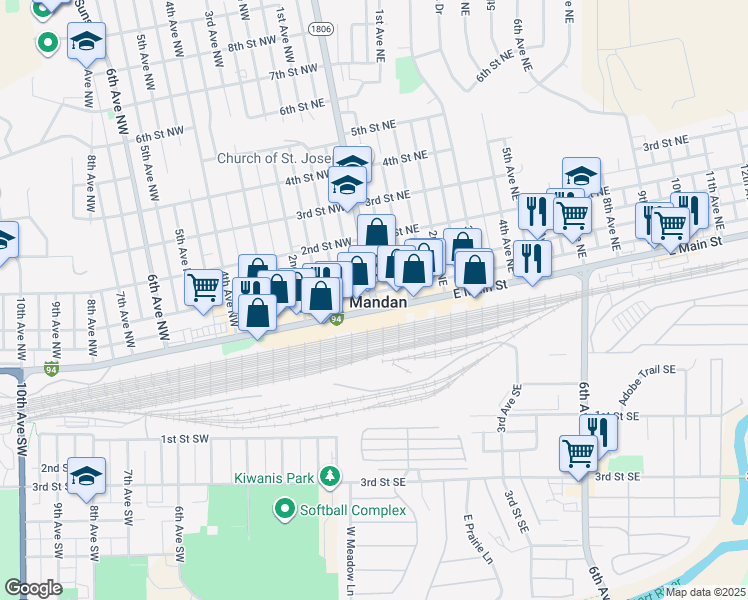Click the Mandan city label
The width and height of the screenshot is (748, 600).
(379, 302)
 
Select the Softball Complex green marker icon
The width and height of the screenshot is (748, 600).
(284, 511)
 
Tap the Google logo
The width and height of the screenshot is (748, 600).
(33, 588)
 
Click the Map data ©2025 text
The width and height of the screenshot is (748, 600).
(704, 592)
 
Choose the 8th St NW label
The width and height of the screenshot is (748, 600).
(251, 46)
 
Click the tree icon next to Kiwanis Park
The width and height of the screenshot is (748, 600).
(335, 475)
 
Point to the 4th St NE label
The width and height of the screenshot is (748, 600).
(404, 157)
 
